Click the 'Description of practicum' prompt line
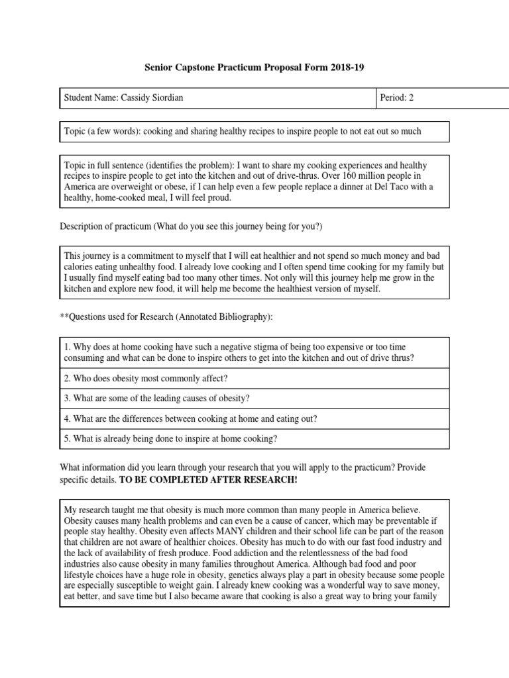click(x=191, y=227)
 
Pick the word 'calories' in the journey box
click(x=80, y=266)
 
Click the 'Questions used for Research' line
click(x=166, y=318)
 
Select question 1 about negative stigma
click(x=239, y=352)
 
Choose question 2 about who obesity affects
click(x=146, y=379)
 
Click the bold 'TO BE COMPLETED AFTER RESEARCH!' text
click(x=208, y=479)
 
